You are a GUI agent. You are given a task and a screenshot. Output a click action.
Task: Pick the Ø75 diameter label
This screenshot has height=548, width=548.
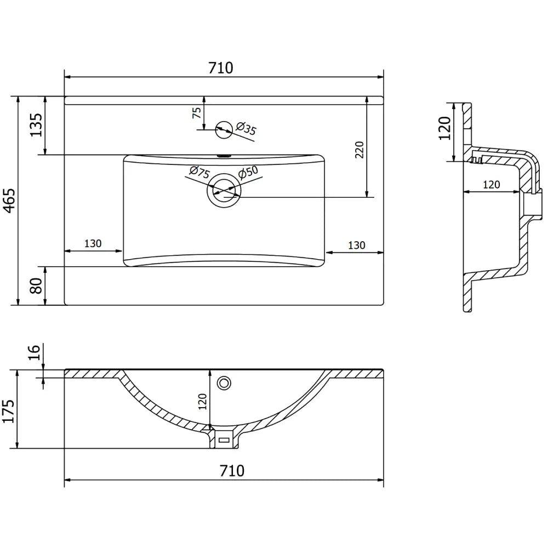[x=199, y=173]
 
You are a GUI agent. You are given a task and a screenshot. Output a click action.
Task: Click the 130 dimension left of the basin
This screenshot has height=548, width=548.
[x=93, y=244]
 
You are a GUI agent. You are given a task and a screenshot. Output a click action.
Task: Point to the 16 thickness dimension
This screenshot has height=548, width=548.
[x=34, y=352]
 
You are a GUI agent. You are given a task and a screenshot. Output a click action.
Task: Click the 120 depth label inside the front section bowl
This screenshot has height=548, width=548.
[x=202, y=401]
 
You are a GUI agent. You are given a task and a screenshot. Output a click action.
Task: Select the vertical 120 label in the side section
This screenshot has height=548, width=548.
[x=444, y=128]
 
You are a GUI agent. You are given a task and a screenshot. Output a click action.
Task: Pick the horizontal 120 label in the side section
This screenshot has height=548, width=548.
[x=491, y=185]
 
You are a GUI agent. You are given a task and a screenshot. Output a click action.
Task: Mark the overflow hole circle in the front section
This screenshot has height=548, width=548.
[x=224, y=383]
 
